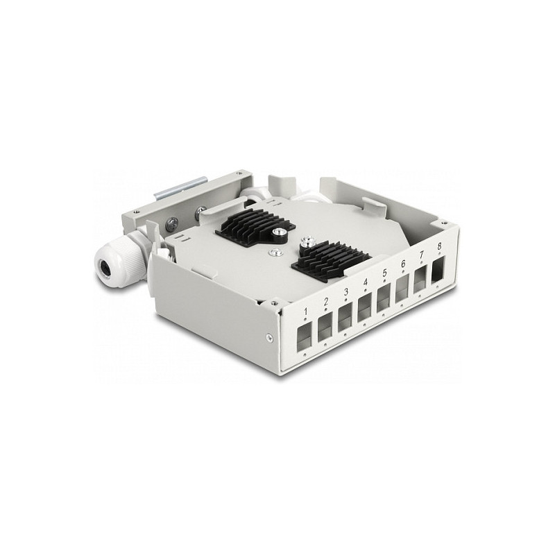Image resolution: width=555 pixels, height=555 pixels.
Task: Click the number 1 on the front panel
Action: coord(306,311)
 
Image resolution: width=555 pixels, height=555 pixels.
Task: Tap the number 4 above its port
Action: coord(366,282)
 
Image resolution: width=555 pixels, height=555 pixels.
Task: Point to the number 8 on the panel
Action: coord(439,246)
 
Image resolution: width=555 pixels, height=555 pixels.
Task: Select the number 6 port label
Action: coord(403,264)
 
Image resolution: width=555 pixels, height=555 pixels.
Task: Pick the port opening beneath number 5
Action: coord(384,298)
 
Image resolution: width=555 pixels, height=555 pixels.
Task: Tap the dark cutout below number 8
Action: coord(439,270)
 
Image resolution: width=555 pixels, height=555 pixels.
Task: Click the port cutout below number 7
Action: coord(421,280)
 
